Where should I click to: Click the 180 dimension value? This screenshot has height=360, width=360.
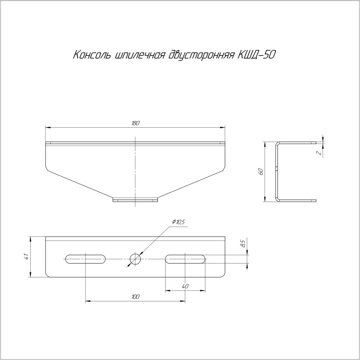(x=135, y=123)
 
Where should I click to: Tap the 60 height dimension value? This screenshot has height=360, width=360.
(x=260, y=171)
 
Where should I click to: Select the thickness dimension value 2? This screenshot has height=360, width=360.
(x=319, y=153)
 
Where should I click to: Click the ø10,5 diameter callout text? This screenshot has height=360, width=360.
(x=178, y=222)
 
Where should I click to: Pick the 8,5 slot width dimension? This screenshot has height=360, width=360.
(x=243, y=243)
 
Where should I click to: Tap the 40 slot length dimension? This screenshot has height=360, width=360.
(x=185, y=286)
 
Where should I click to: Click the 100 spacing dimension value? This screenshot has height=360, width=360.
(x=135, y=297)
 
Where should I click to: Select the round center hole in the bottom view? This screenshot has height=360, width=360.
(x=135, y=259)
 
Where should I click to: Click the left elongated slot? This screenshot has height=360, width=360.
(x=85, y=259)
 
